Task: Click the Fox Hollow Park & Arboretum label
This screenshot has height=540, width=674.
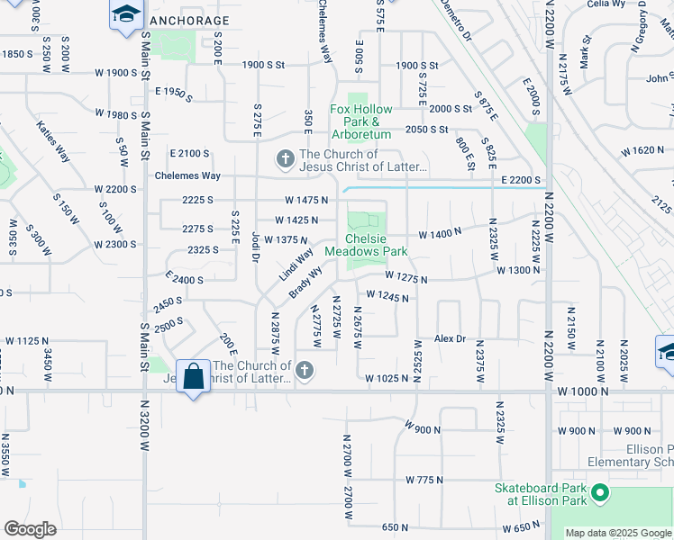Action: click(x=360, y=121)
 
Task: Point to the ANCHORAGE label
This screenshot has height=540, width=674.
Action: click(x=189, y=20)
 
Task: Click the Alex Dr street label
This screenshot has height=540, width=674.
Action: click(x=450, y=338)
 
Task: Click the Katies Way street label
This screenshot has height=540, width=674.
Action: click(x=53, y=141)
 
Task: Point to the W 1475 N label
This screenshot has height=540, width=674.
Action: click(x=305, y=200)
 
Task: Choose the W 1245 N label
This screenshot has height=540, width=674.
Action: click(x=388, y=295)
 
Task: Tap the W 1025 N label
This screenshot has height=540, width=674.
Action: click(x=387, y=379)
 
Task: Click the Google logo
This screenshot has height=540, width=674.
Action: click(x=30, y=529)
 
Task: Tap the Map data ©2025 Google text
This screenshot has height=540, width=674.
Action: click(x=618, y=533)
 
